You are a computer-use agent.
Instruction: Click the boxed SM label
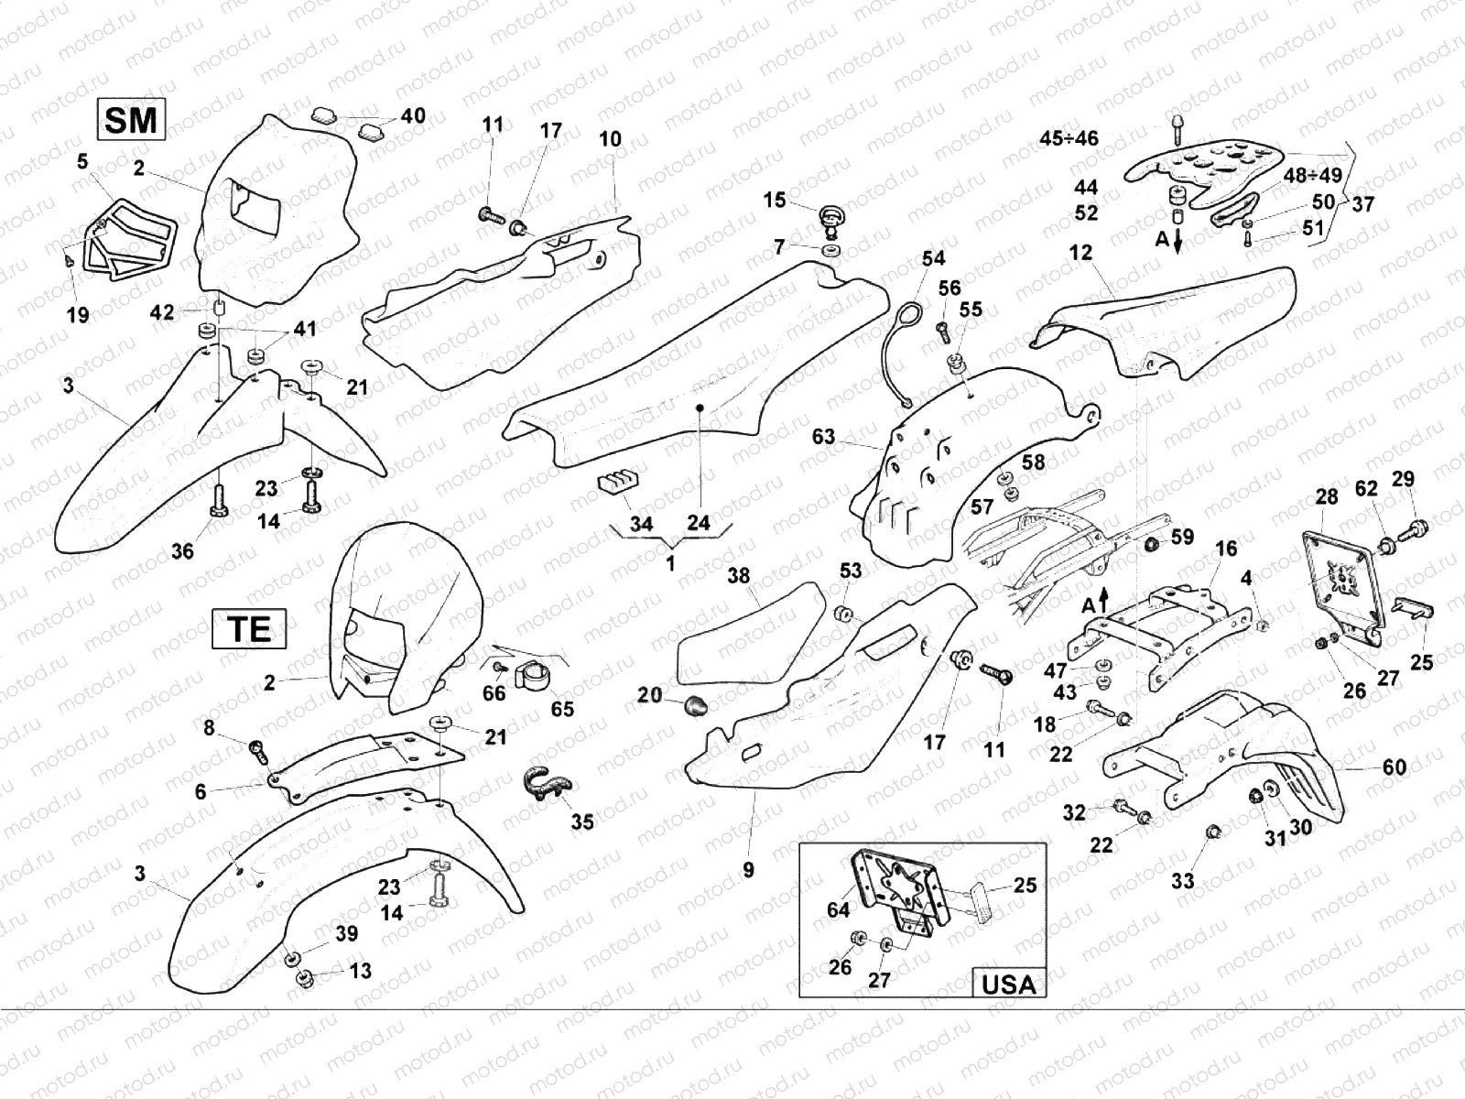pos(131,120)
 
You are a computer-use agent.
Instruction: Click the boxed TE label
pos(249,629)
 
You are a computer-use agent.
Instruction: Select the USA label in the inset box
pos(1008,984)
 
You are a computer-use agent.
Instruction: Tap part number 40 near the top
pos(413,116)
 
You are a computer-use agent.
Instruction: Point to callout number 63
pos(823,436)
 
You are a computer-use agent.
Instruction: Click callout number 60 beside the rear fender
pos(1394,767)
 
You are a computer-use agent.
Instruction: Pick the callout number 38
pos(738,575)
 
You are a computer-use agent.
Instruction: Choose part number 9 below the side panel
pos(748,869)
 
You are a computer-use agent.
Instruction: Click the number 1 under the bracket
pos(670,564)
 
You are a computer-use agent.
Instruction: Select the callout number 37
pos(1363,204)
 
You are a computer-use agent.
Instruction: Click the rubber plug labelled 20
pos(697,705)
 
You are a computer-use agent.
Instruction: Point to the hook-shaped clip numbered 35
pos(547,784)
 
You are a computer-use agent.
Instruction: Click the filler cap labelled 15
pos(832,219)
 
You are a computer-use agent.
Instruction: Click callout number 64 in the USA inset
pos(838,909)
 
